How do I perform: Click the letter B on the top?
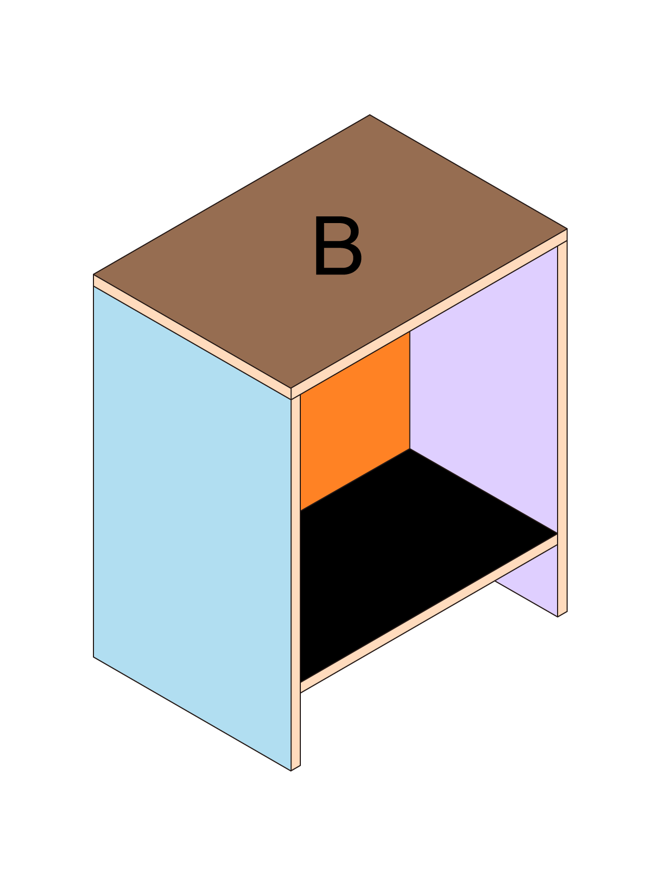click(338, 246)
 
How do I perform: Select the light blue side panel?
click(192, 528)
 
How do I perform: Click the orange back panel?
click(355, 420)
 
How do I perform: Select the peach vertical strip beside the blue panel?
click(296, 583)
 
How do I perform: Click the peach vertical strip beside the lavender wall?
click(562, 428)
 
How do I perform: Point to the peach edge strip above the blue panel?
click(192, 337)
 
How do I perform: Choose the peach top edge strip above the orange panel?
click(429, 314)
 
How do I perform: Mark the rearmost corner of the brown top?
click(370, 115)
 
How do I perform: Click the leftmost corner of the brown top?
click(93, 275)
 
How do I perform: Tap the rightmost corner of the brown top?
click(567, 229)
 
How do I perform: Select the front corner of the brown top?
click(291, 388)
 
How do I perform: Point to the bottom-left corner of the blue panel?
click(93, 657)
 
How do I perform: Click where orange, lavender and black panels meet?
click(410, 449)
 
